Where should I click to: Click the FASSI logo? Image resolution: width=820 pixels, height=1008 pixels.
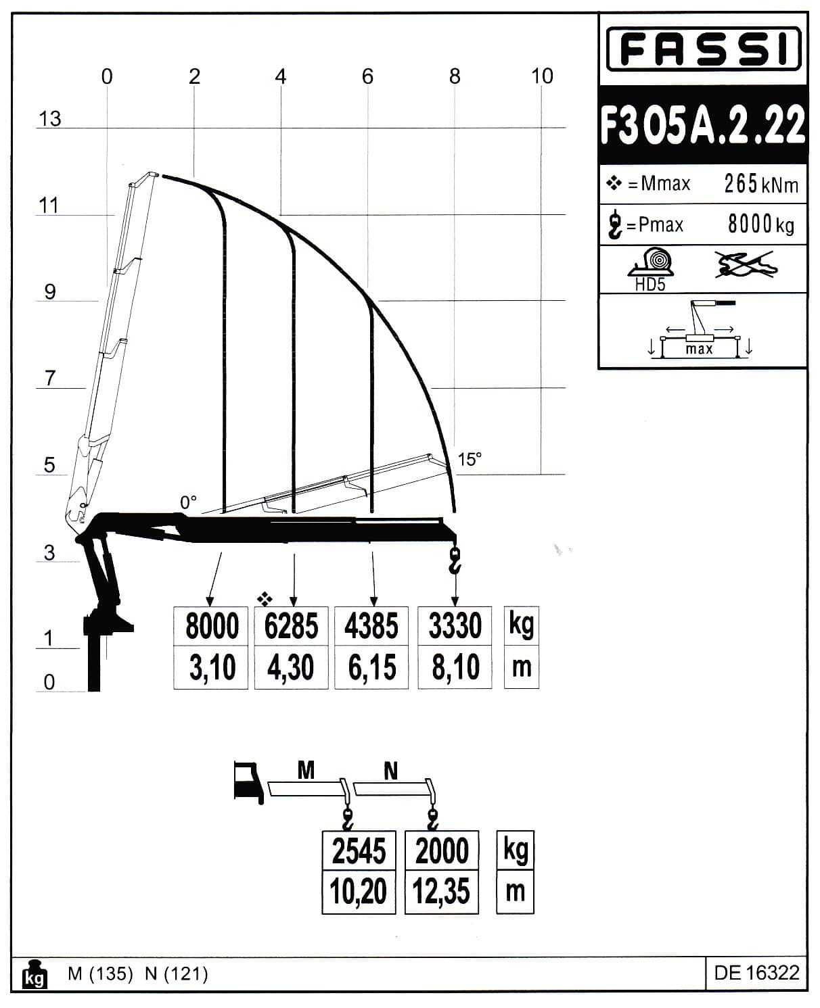(x=703, y=49)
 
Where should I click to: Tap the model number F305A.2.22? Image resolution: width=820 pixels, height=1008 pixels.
(x=702, y=124)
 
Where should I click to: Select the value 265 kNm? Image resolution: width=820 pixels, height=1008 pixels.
(x=761, y=184)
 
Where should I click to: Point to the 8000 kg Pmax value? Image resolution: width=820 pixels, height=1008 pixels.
(x=761, y=224)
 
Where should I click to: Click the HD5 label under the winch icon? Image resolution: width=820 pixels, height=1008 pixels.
(x=650, y=285)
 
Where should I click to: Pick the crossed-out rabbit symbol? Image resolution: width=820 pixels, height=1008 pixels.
(x=746, y=264)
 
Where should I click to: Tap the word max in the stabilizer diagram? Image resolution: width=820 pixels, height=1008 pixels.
(x=699, y=350)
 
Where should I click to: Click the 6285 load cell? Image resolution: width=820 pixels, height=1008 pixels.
(x=291, y=625)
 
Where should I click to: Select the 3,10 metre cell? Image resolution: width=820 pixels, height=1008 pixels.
(x=211, y=667)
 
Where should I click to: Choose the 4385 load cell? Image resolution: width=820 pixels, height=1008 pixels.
(x=371, y=625)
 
